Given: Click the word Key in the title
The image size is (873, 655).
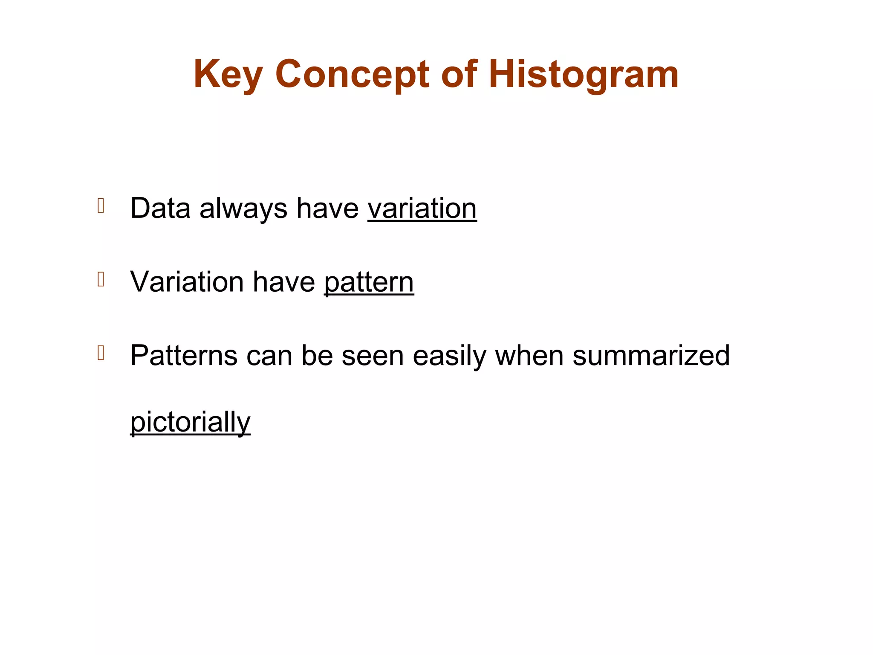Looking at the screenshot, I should point(228,75).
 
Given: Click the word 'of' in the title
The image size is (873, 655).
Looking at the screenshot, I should point(459,75).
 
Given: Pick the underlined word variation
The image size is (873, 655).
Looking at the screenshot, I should point(422,209).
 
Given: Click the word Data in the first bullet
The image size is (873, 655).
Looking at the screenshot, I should point(160,209).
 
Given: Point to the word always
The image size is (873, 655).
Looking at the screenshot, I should point(243,209).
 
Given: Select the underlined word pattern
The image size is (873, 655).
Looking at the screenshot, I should point(369,282).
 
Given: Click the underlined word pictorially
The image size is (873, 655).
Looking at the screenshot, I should point(190,422).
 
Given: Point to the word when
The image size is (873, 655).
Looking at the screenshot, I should point(529,356).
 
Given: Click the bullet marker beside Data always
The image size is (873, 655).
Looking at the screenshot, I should point(101,206).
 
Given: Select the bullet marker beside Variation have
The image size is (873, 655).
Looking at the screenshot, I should point(101,280).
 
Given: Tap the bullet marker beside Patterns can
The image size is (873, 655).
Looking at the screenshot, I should point(101,353).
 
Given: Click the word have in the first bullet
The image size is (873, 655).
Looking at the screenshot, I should point(327,209).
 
